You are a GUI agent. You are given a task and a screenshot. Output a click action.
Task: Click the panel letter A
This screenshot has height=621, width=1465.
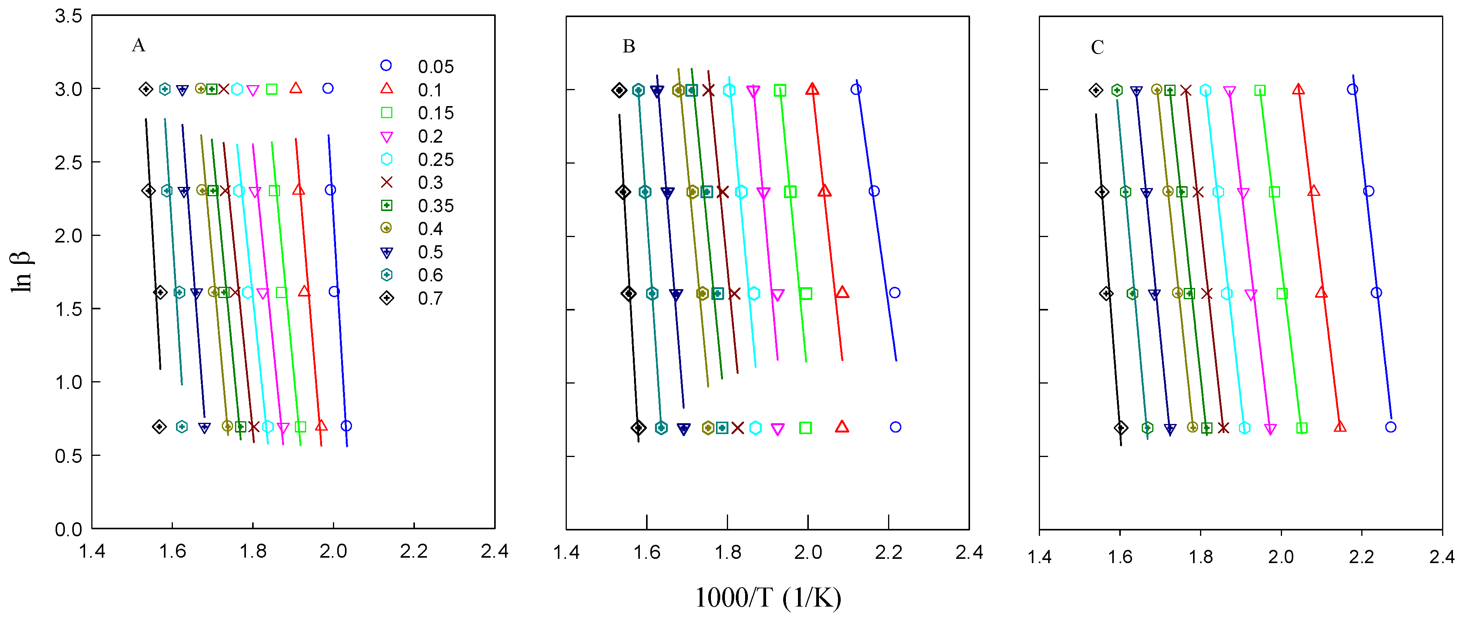[138, 45]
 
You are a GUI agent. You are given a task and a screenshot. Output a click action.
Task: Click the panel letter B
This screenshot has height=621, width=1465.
[629, 46]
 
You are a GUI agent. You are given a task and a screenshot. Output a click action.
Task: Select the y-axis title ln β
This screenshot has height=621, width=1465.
[22, 272]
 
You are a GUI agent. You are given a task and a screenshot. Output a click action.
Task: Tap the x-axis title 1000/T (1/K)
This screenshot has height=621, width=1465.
[768, 598]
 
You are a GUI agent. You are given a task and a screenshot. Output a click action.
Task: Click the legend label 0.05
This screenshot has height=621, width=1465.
[435, 66]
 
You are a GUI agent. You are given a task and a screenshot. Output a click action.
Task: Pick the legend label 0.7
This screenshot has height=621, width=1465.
[430, 298]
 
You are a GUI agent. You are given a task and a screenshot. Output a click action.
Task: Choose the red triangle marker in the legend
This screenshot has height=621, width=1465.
[387, 88]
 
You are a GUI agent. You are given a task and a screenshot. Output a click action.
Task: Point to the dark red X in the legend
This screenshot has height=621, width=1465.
[387, 182]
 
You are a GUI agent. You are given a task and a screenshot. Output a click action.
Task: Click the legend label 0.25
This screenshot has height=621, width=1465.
[435, 159]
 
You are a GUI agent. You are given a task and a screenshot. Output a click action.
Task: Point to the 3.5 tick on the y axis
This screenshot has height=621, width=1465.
[68, 16]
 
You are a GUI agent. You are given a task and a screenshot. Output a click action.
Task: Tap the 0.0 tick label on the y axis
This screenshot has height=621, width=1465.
[68, 529]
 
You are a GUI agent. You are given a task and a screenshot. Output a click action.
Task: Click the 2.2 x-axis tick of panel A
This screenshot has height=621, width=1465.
[413, 551]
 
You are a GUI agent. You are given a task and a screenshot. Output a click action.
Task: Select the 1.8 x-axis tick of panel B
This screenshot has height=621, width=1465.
[727, 552]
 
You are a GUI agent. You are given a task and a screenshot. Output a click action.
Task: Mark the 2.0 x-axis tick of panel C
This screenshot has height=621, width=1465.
[1281, 557]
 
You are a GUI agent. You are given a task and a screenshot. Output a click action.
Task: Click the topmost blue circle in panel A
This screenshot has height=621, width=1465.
[328, 88]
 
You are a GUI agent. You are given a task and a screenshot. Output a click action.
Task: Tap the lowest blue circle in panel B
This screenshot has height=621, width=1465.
[896, 427]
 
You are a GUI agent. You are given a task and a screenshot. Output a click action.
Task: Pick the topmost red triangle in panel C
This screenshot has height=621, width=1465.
[1298, 89]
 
